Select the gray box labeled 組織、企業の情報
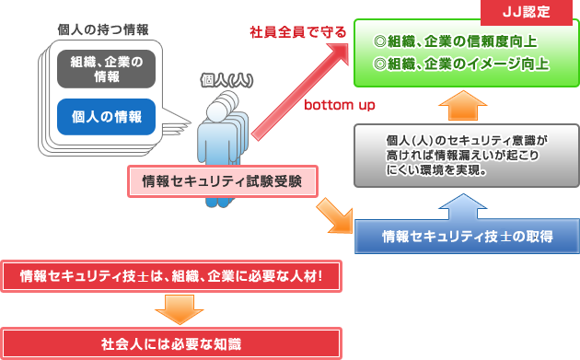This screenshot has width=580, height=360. [107, 69]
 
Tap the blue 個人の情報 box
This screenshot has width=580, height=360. [107, 116]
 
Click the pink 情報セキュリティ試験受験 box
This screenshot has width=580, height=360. [222, 180]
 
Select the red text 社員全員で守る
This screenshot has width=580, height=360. [298, 32]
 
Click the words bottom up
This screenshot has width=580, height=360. [340, 104]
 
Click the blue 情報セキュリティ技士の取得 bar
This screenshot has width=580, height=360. [467, 236]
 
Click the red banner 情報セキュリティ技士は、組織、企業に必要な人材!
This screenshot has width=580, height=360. [171, 276]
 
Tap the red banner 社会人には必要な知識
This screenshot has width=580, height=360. [171, 343]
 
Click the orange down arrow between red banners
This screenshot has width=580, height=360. [171, 308]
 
